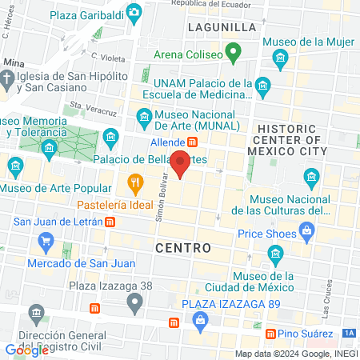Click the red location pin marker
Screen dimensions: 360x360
click(181, 164)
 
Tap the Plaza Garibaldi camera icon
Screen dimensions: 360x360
click(134, 12)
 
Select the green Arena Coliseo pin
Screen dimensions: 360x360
click(233, 54)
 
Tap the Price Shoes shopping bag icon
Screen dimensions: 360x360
click(306, 233)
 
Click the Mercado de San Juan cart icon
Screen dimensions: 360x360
click(46, 242)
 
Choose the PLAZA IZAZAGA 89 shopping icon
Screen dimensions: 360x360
click(200, 322)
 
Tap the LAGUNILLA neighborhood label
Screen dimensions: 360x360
click(222, 26)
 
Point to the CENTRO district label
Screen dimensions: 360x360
click(183, 248)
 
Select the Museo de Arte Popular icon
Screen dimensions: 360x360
click(16, 166)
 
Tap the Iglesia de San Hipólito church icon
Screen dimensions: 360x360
click(7, 79)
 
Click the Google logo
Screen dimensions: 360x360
click(26, 350)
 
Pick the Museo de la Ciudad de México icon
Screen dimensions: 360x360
click(276, 256)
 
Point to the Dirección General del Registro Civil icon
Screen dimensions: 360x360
click(34, 312)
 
